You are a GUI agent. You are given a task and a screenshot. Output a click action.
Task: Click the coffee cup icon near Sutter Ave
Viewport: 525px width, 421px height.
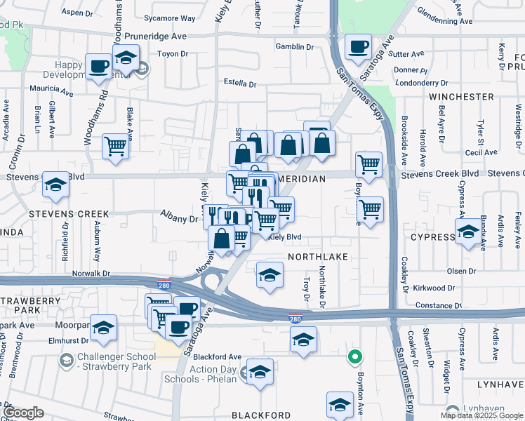[358, 46]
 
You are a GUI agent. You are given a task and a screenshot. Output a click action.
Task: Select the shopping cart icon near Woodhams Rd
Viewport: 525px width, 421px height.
[116, 147]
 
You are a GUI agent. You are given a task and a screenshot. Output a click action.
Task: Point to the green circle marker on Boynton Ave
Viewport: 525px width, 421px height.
[357, 357]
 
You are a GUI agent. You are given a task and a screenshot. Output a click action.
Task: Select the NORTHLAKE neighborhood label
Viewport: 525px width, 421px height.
[318, 257]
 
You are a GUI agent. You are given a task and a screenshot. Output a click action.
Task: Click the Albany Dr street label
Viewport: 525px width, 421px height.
[180, 219]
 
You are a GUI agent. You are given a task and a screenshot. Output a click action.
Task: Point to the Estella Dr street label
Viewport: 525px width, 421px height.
[239, 84]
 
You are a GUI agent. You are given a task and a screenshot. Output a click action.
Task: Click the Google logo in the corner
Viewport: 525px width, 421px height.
[24, 413]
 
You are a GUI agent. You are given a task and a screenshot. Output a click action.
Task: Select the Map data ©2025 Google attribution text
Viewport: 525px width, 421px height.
[481, 415]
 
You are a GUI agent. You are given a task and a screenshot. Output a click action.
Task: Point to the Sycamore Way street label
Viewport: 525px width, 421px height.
[169, 18]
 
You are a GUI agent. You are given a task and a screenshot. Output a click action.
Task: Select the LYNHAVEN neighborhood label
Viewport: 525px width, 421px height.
[500, 385]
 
